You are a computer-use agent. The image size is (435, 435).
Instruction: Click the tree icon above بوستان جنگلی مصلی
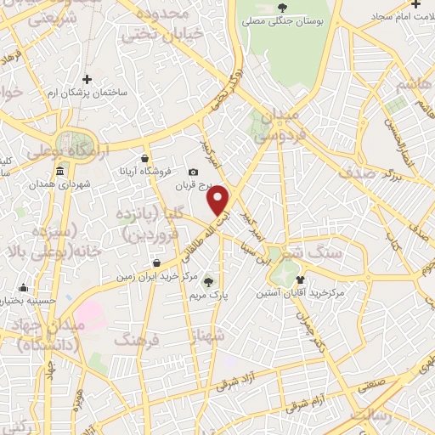[x=282, y=8]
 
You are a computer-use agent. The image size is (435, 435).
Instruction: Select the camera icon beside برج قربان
[x=194, y=172]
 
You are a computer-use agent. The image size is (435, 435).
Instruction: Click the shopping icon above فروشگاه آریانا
[x=145, y=158]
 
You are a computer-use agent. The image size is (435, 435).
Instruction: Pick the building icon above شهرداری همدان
[x=59, y=172]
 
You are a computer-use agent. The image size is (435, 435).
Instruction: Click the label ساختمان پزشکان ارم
[x=88, y=92]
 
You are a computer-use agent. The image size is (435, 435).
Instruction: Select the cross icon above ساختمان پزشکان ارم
[x=87, y=79]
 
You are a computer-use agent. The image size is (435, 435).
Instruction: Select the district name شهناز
[x=209, y=336]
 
